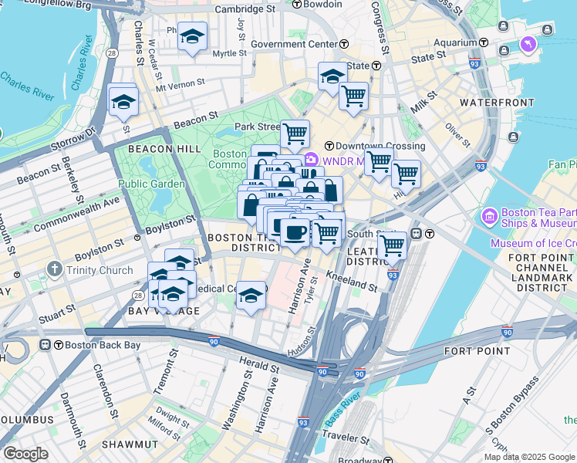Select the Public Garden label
click(151, 184)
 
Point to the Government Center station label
click(294, 44)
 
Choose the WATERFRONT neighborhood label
click(497, 102)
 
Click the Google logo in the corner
click(25, 454)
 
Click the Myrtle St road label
click(228, 54)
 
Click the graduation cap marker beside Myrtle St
click(192, 35)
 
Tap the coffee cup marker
click(294, 231)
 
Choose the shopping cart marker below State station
click(353, 96)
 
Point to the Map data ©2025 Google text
click(529, 457)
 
